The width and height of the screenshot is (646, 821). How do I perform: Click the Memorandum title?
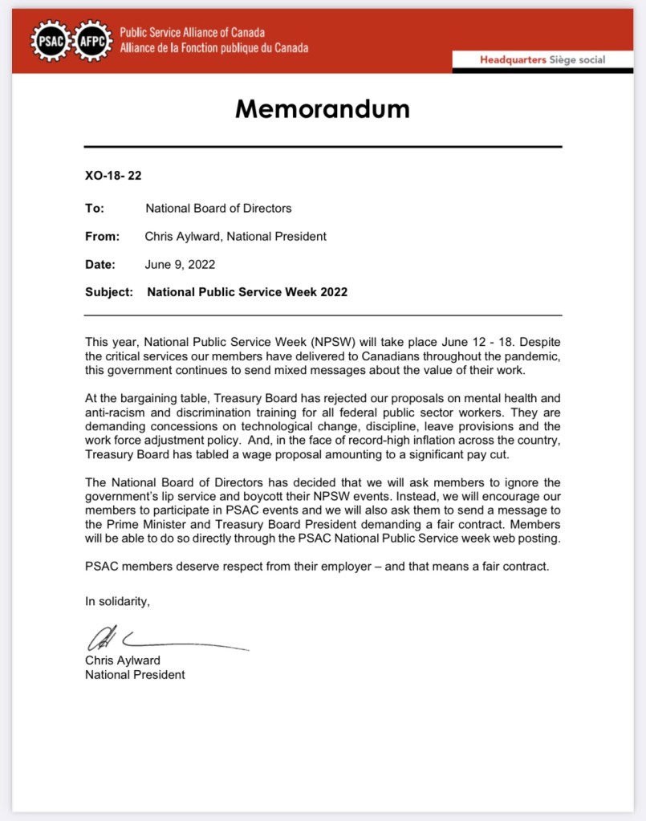point(323,108)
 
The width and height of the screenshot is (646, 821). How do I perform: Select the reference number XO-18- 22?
point(113,175)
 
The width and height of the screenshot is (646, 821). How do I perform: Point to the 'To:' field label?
point(95,208)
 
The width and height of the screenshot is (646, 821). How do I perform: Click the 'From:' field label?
point(102,236)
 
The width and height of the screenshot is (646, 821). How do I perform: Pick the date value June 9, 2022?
point(180,264)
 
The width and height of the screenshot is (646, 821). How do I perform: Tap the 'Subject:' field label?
point(109,292)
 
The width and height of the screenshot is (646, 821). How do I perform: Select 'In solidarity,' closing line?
point(117,600)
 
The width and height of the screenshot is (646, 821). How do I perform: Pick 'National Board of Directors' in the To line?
point(218,208)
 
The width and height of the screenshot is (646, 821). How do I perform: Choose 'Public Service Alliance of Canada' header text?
point(193,33)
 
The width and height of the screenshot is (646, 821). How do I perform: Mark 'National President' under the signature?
point(135,675)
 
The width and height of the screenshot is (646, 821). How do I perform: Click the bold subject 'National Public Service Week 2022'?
point(247,292)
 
